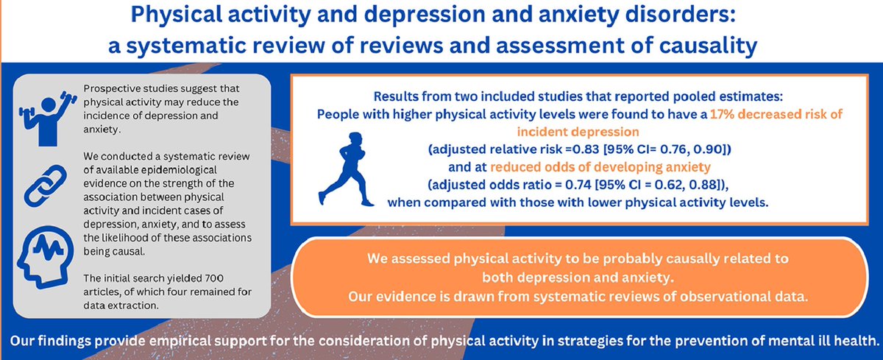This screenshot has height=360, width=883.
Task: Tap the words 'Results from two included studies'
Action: point(468,97)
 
